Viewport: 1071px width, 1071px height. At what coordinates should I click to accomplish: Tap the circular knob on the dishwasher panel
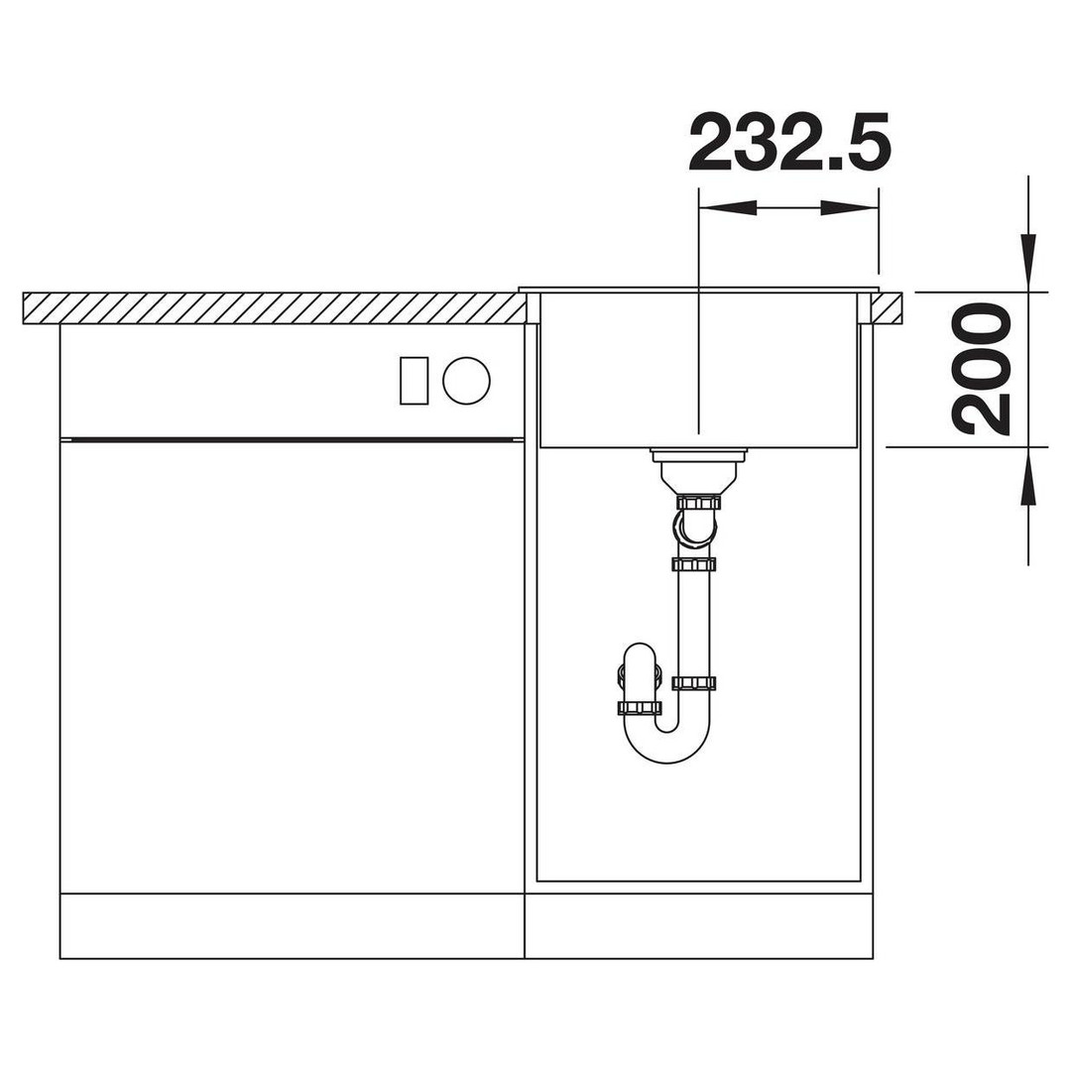coord(466,381)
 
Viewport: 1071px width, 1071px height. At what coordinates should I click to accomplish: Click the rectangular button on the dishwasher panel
coord(414,381)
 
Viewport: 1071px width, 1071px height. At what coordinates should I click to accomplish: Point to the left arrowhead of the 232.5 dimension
coord(729,207)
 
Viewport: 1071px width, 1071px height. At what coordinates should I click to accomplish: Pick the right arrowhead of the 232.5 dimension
coord(849,207)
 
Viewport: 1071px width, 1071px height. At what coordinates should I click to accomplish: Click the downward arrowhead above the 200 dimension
coord(1028,263)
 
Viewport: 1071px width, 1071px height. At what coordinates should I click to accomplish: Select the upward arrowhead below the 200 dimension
coord(1028,477)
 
